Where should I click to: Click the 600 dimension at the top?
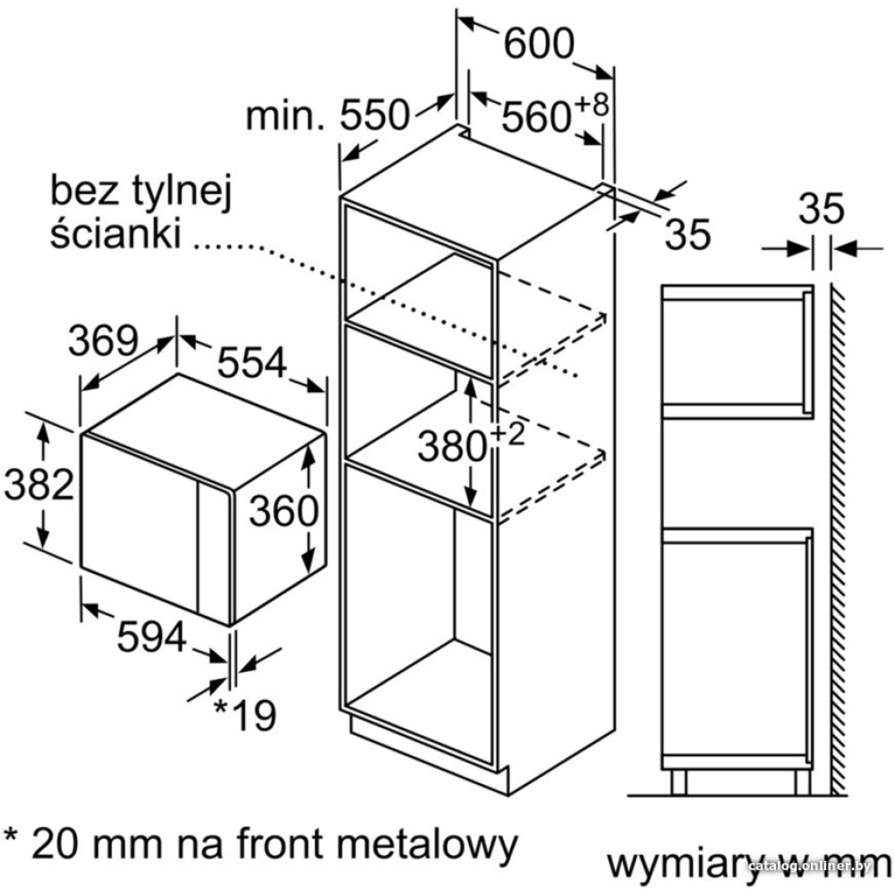point(538,43)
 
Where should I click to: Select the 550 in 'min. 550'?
point(375,115)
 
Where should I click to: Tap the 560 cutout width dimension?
point(536,117)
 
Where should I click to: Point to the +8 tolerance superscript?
point(592,105)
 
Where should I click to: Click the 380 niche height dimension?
point(451,446)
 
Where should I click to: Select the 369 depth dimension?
point(103,341)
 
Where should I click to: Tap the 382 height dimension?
point(38,484)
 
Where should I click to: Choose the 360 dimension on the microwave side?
point(283,510)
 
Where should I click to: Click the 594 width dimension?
point(152,636)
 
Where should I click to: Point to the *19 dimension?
point(244,714)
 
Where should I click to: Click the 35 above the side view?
point(821,209)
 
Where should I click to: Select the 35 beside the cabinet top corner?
point(687,234)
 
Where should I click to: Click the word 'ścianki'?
point(115,232)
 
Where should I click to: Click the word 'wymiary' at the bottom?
point(684,865)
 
